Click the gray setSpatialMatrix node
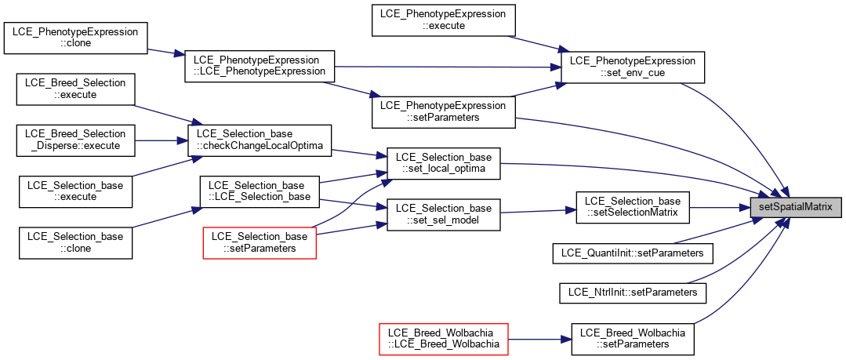tap(797, 207)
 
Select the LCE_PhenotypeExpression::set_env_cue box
tap(633, 67)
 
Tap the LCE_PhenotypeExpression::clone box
tap(75, 37)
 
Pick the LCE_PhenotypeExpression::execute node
tap(444, 20)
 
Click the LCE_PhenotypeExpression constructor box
tap(260, 67)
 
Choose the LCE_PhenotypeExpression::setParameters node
tap(444, 111)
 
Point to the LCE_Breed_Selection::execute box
tap(75, 89)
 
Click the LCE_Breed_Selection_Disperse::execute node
tap(75, 141)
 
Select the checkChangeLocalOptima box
tap(259, 141)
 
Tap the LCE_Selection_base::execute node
tap(75, 191)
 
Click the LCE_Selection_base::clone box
tap(75, 242)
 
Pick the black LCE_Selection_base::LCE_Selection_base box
tap(260, 191)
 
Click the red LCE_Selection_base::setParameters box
tap(260, 243)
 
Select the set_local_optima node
tap(444, 164)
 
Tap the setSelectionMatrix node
tap(633, 207)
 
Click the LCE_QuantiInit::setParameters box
tap(633, 253)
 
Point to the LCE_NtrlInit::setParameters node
tap(633, 292)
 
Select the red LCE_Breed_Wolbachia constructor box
tap(444, 338)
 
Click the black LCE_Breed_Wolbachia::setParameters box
tap(633, 338)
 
